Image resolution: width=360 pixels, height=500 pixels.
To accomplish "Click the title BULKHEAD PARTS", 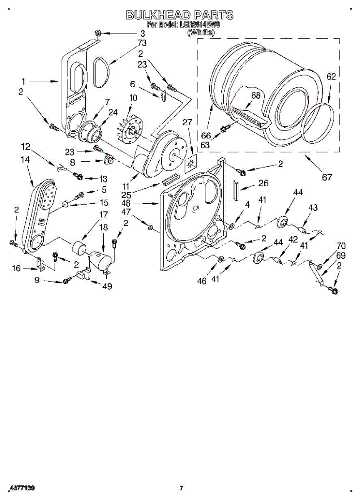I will tap(180, 15).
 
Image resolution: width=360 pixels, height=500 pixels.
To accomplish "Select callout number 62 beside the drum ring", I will tap(331, 77).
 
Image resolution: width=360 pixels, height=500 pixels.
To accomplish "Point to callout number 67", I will tap(327, 177).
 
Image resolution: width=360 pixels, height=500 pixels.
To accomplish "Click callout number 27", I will tap(187, 122).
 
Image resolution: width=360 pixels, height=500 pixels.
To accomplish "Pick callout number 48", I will tap(138, 204).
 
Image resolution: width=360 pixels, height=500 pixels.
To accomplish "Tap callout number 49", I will tap(107, 286).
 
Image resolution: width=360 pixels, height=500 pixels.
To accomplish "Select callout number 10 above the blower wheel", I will tap(133, 98).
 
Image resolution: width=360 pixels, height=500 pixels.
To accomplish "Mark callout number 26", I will tap(263, 183).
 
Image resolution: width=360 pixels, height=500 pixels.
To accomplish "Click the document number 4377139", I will tap(21, 488).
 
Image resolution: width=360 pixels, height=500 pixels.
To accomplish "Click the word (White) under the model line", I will tap(201, 32).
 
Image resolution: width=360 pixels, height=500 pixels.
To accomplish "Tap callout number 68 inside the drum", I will tap(255, 95).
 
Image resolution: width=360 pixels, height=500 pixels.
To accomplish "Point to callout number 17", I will tap(102, 215).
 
